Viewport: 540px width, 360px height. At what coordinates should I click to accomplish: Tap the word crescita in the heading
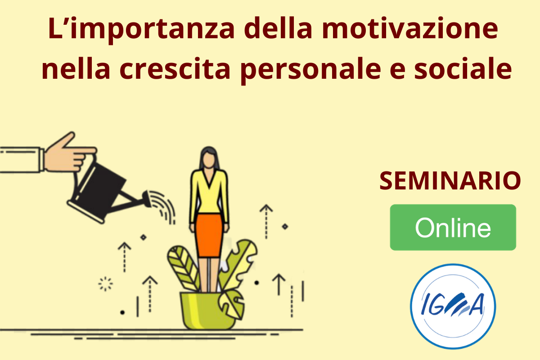pyautogui.click(x=175, y=68)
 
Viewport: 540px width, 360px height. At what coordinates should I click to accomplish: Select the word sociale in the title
pyautogui.click(x=463, y=68)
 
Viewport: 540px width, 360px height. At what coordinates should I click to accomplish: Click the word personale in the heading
pyautogui.click(x=310, y=70)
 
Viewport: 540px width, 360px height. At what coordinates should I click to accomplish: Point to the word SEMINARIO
pyautogui.click(x=450, y=180)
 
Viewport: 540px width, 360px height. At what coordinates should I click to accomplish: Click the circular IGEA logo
pyautogui.click(x=453, y=306)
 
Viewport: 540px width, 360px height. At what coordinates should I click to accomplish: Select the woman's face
pyautogui.click(x=209, y=160)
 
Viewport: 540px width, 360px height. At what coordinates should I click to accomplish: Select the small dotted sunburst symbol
pyautogui.click(x=105, y=284)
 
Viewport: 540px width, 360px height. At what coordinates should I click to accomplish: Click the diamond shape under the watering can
pyautogui.click(x=144, y=238)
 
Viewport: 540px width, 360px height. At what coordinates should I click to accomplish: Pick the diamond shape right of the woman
pyautogui.click(x=285, y=226)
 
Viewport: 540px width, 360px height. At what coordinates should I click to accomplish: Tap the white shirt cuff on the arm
pyautogui.click(x=42, y=160)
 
